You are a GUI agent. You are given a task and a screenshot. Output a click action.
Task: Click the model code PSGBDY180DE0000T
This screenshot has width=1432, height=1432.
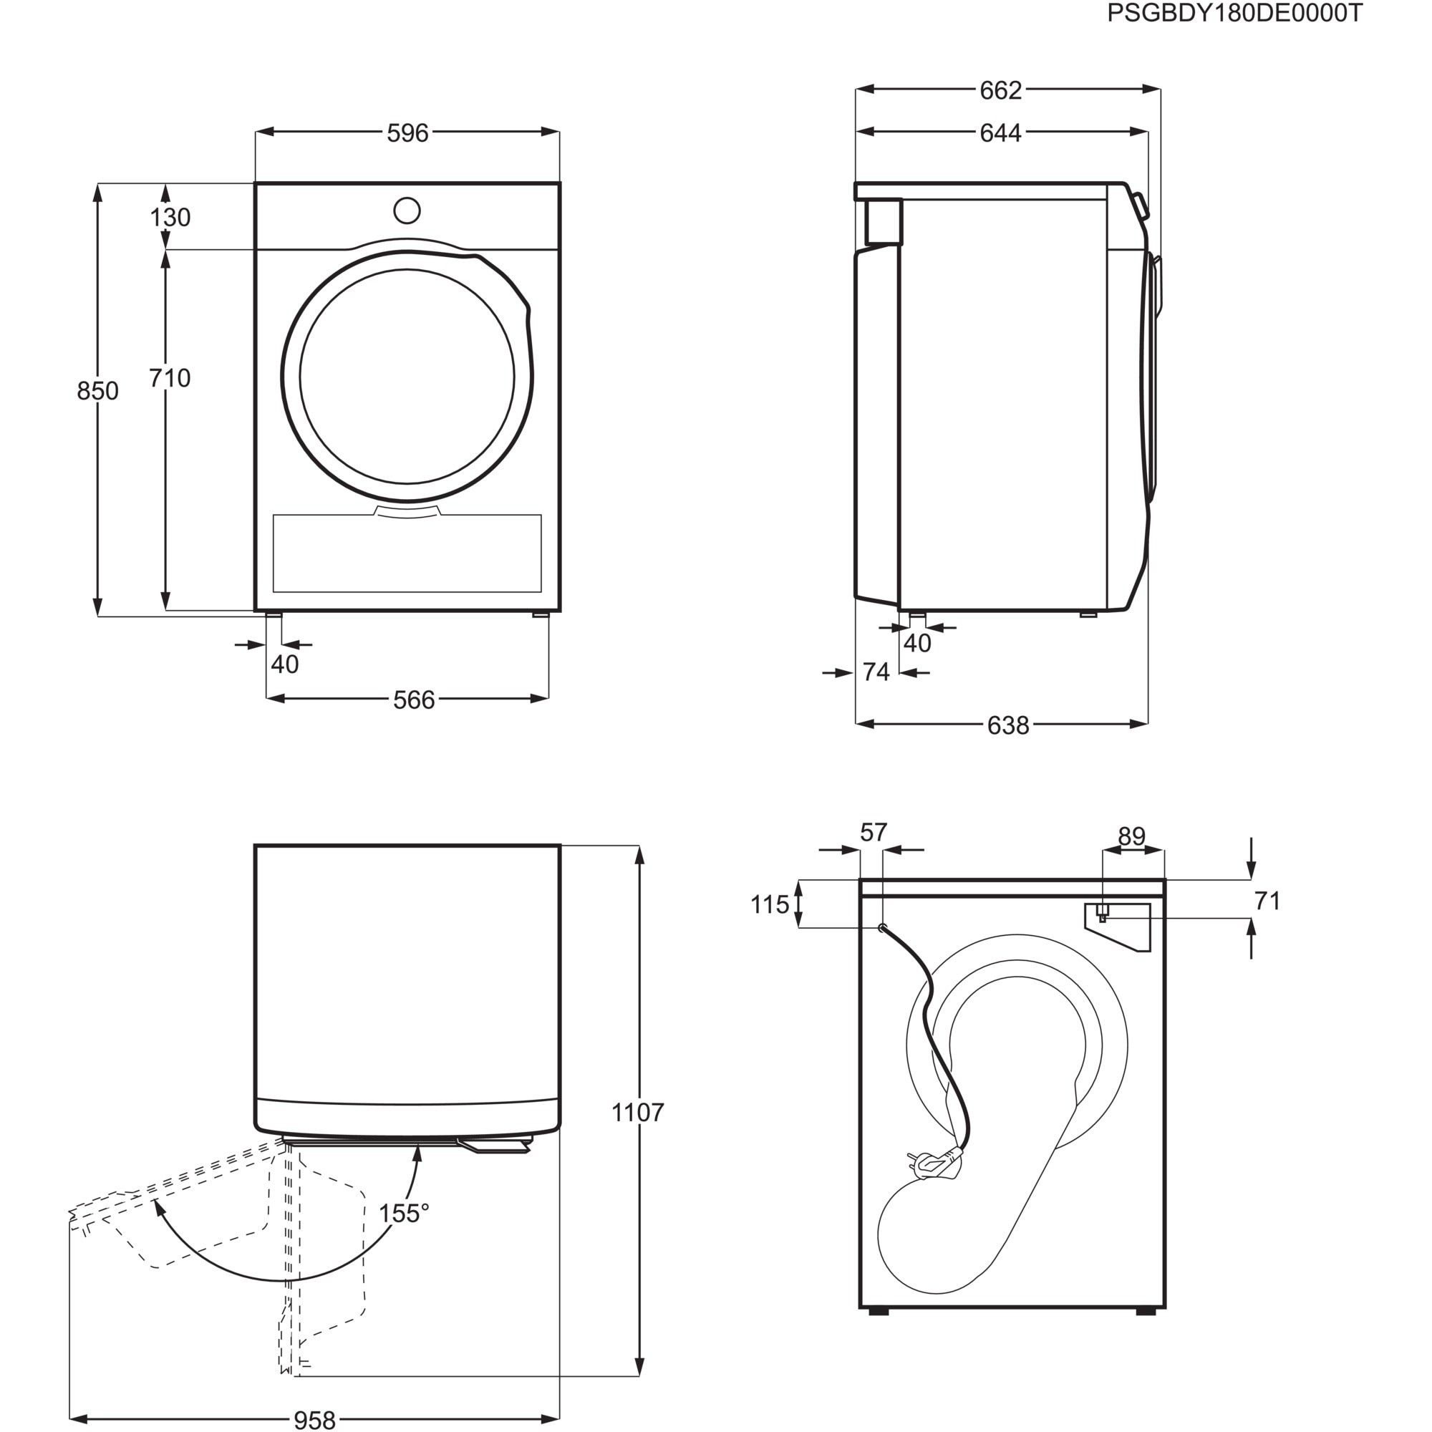click(1234, 14)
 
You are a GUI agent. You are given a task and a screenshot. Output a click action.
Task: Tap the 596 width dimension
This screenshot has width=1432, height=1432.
click(407, 133)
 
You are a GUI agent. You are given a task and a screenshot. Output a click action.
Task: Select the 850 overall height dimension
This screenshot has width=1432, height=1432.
click(97, 391)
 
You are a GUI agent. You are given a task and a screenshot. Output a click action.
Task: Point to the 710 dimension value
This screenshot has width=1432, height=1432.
click(170, 378)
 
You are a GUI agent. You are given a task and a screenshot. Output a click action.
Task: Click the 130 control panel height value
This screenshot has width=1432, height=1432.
click(170, 217)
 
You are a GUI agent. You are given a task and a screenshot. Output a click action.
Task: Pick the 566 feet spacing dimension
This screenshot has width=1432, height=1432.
click(414, 700)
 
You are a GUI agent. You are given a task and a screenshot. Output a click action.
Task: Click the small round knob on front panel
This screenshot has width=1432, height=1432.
click(407, 211)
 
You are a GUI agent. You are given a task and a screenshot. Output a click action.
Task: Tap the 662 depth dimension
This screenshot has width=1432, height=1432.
click(1001, 90)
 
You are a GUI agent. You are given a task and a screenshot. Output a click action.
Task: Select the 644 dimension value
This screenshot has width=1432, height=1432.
click(1001, 133)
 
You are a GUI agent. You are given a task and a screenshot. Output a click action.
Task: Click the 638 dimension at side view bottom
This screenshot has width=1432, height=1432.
click(1008, 725)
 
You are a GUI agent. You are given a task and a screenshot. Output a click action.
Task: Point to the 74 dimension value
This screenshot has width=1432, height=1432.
click(876, 672)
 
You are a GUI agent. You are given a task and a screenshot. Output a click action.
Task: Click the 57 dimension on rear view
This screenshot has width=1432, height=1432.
click(873, 833)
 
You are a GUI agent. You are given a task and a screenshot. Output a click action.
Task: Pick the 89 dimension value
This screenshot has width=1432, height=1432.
click(1132, 836)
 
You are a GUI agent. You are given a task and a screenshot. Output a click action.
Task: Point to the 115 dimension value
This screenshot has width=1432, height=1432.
click(770, 905)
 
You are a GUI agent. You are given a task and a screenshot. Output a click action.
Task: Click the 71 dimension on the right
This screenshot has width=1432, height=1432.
click(1267, 901)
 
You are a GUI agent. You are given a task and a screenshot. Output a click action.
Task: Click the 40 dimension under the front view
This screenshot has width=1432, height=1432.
click(285, 664)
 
